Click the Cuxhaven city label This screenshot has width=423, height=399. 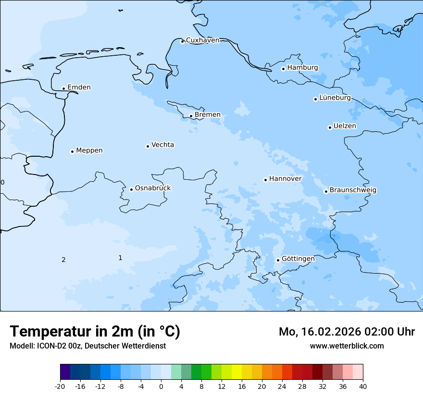202,40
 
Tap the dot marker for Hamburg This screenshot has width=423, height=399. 283,69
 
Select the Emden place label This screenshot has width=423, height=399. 79,87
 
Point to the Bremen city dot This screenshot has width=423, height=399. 191,116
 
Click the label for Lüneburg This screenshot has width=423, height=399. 335,98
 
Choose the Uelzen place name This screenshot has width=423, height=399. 345,126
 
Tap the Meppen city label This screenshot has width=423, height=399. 89,150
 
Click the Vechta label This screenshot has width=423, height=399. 162,145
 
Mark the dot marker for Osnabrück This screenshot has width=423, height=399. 131,189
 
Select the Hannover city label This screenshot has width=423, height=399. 285,179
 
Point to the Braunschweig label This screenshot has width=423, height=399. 353,190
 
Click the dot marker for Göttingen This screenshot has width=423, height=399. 278,260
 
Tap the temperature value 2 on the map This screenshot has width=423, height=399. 63,260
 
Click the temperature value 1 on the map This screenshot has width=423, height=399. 120,258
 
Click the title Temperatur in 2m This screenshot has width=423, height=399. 95,331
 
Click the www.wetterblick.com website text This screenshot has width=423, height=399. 347,346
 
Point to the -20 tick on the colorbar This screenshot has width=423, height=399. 60,387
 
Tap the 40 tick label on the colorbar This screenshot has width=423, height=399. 363,387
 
